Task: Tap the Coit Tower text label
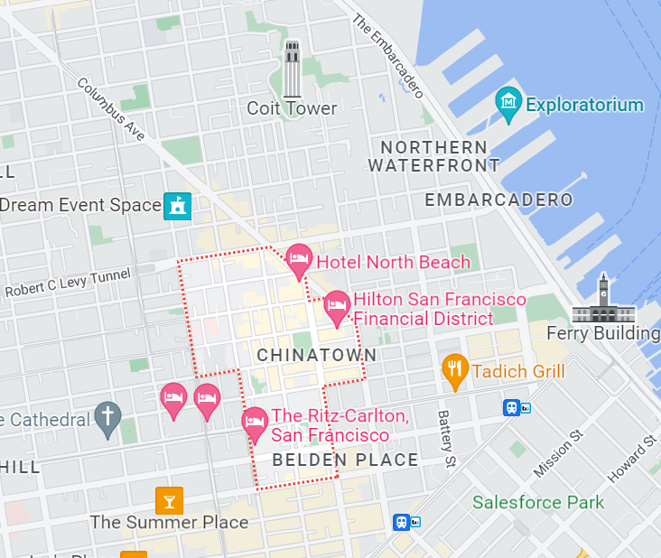(292, 108)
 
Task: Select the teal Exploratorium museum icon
(509, 105)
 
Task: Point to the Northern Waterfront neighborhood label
(433, 156)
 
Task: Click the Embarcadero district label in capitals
(499, 200)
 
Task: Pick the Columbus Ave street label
(111, 109)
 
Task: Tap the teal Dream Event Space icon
(178, 206)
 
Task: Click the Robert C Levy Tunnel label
(68, 282)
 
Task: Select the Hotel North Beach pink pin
(299, 261)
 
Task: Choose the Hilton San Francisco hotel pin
(337, 307)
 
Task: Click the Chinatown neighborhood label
(316, 356)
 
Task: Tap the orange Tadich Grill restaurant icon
(454, 370)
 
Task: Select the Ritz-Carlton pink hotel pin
(256, 423)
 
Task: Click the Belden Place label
(346, 460)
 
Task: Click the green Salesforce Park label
(538, 502)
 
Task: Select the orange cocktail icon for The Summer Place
(169, 499)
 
